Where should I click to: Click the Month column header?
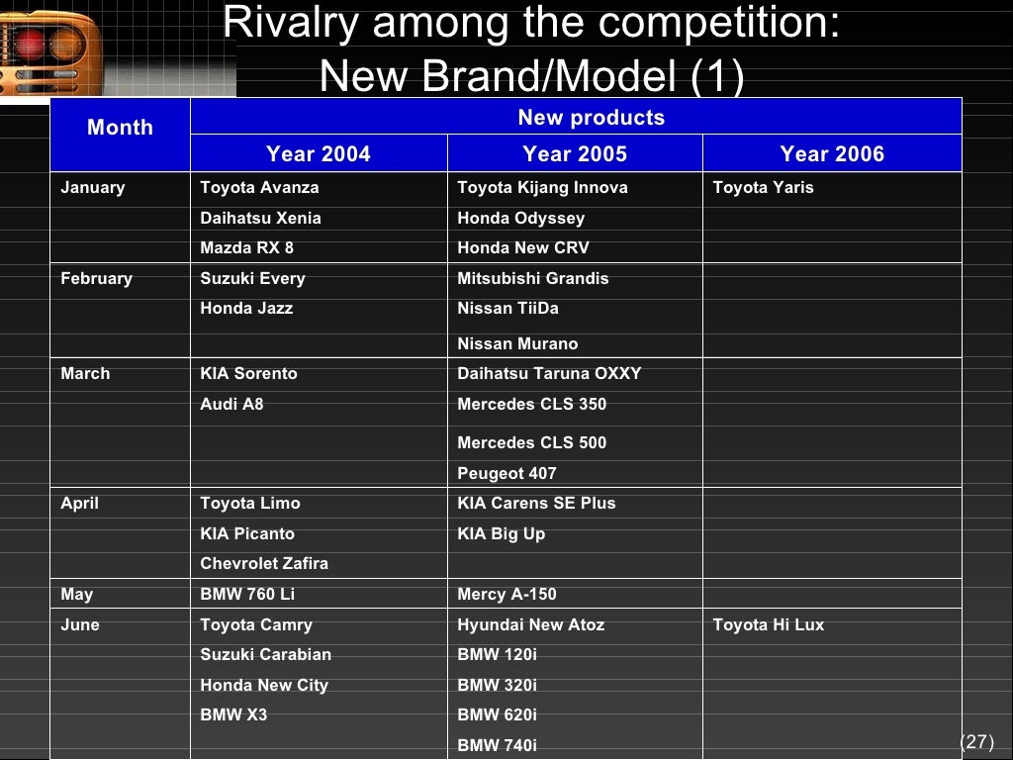pos(120,128)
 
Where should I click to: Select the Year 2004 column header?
pos(318,154)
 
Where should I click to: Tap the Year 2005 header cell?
pos(575,154)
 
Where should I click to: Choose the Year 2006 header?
pos(832,154)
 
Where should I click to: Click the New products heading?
pos(591,118)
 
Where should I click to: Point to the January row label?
pos(93,187)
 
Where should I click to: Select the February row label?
pos(96,278)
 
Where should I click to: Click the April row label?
pos(79,503)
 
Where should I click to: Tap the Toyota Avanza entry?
pos(259,187)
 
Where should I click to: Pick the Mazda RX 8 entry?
pos(246,247)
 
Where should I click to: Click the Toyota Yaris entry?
pos(763,187)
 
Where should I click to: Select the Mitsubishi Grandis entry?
pos(532,278)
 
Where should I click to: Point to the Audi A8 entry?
pos(231,404)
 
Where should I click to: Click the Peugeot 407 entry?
pos(506,473)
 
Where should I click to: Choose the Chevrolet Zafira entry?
pos(264,563)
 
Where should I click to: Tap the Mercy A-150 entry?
pos(506,594)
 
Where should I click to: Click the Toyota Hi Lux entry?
pos(768,624)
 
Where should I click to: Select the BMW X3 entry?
pos(233,714)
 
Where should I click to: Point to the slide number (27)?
pos(976,742)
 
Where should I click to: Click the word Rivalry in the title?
pos(287,24)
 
